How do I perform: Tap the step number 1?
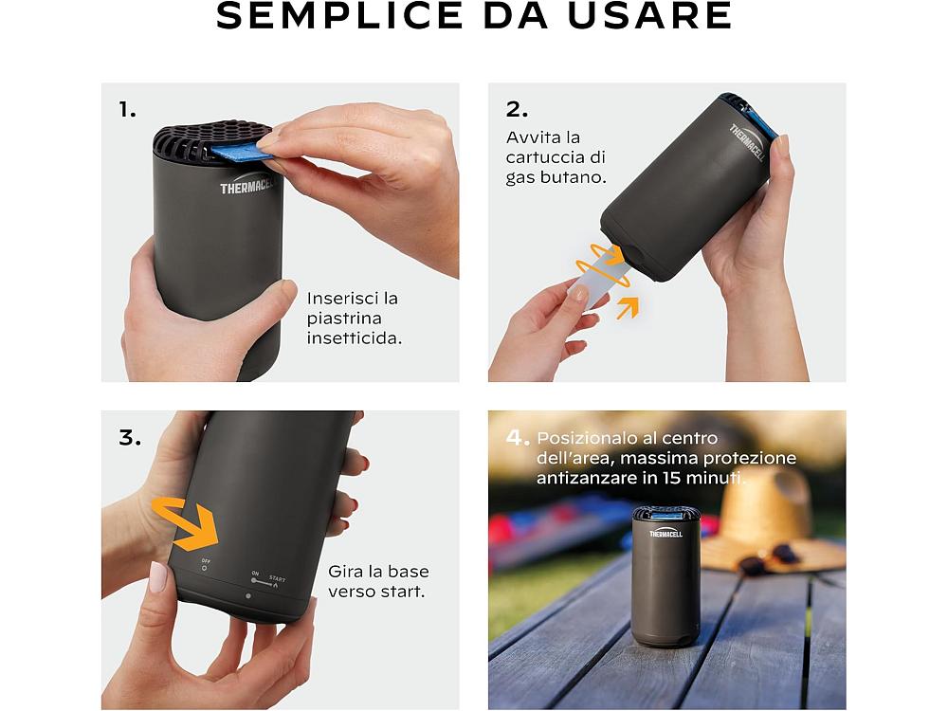click(127, 110)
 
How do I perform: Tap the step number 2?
click(517, 109)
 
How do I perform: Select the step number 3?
click(130, 437)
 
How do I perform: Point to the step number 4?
click(518, 437)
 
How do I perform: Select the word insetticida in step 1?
click(355, 338)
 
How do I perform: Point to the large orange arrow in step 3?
click(185, 521)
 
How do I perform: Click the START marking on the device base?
click(277, 578)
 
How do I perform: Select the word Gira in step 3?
click(343, 572)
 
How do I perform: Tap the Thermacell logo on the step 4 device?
click(665, 533)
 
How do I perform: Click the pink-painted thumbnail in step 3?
click(157, 576)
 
